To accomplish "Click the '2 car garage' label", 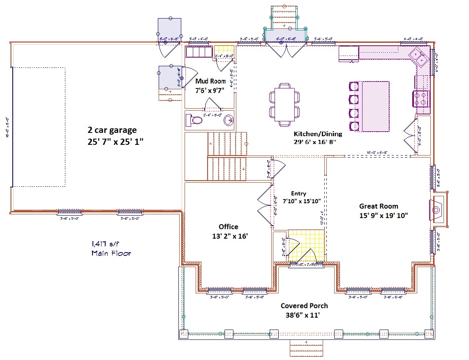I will (112, 130).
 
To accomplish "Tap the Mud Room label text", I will (210, 81).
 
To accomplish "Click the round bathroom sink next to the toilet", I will (228, 121).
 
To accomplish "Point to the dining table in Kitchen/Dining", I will (284, 104).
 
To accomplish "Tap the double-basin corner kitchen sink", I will (420, 57).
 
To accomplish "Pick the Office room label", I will (228, 227).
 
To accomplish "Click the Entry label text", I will (298, 193).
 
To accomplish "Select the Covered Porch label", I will (304, 306).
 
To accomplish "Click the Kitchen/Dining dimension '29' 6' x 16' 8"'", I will (315, 142).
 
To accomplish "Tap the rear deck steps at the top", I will (284, 16).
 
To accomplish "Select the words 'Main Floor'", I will (111, 253).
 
